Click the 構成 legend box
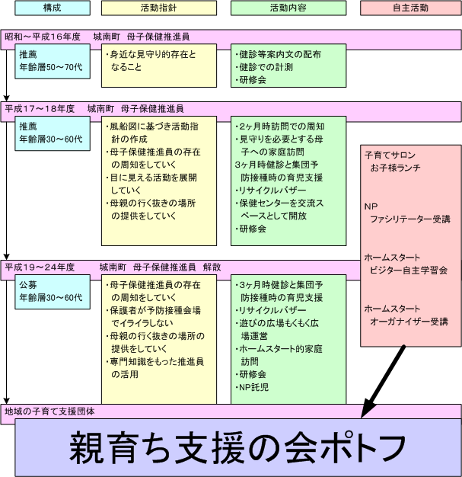click(53, 8)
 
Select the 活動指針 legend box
click(159, 8)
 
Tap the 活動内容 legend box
click(288, 8)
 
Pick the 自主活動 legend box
click(411, 8)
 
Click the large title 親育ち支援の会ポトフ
click(237, 448)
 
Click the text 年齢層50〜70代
click(51, 67)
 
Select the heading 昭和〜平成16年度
click(43, 37)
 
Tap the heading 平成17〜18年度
click(40, 109)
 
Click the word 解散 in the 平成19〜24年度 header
click(212, 267)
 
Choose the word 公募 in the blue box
click(28, 285)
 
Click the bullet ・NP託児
click(252, 387)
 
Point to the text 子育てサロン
click(390, 155)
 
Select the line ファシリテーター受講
click(410, 219)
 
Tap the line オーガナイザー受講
click(409, 322)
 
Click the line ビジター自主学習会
click(409, 271)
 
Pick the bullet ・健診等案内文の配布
click(278, 54)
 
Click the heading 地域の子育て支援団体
click(49, 411)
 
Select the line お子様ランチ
click(395, 168)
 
